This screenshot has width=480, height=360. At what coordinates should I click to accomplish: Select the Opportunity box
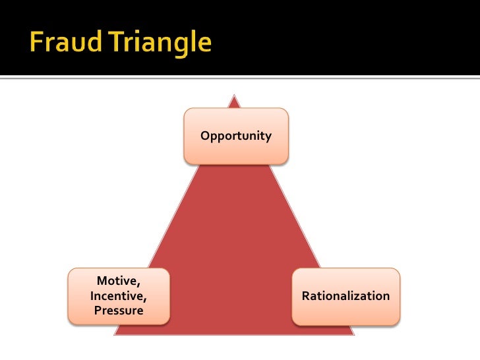click(235, 136)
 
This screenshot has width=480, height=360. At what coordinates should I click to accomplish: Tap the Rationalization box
click(345, 296)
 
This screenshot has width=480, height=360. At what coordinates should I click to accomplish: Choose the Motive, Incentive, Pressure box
click(118, 296)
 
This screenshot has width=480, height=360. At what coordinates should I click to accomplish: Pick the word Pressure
click(119, 310)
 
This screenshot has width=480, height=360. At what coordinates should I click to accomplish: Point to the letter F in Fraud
click(36, 43)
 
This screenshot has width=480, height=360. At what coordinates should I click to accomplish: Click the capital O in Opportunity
click(204, 136)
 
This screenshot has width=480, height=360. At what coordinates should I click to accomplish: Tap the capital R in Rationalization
click(305, 296)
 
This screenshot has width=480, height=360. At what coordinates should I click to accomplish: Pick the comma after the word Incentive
click(145, 299)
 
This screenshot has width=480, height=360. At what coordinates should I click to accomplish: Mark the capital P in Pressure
click(98, 310)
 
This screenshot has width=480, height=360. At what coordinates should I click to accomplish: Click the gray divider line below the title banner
click(240, 78)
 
